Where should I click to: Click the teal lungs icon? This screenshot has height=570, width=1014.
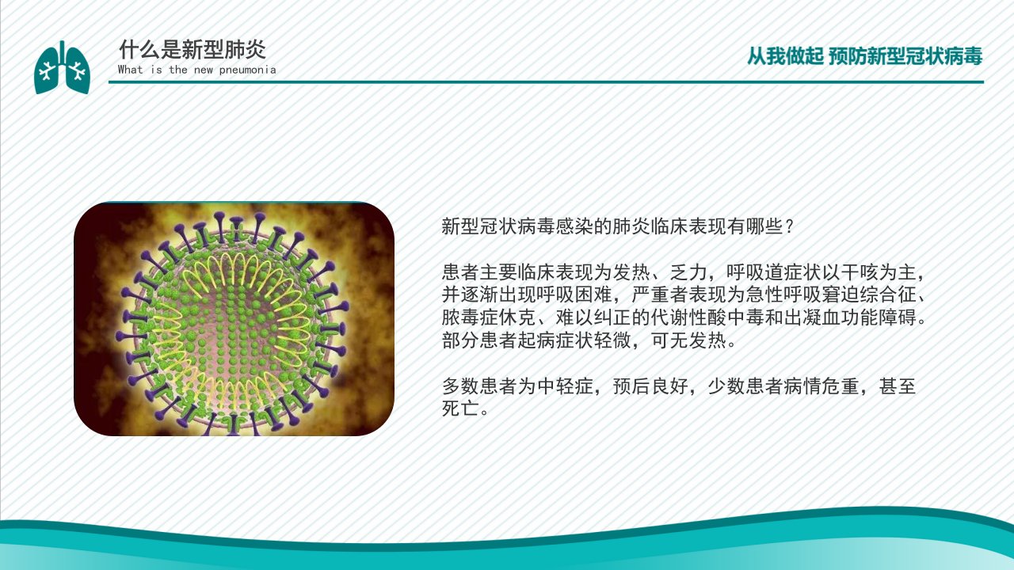[x=62, y=67]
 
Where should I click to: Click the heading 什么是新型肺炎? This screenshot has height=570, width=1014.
[x=193, y=49]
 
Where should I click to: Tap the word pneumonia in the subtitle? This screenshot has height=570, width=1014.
[x=248, y=70]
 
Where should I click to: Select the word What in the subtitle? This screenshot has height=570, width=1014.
[x=131, y=70]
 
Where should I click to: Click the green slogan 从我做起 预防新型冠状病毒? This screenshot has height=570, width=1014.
[x=864, y=56]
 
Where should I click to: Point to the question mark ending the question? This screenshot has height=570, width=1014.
[x=790, y=226]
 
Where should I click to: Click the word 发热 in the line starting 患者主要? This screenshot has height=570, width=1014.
[x=631, y=272]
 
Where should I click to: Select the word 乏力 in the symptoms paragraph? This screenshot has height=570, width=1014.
[x=688, y=272]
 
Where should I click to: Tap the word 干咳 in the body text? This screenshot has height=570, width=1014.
[x=860, y=272]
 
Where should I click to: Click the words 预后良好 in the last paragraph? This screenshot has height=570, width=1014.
[x=650, y=386]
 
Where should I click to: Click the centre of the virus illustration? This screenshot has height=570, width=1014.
[x=234, y=319]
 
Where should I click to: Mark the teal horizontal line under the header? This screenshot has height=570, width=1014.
[x=546, y=82]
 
